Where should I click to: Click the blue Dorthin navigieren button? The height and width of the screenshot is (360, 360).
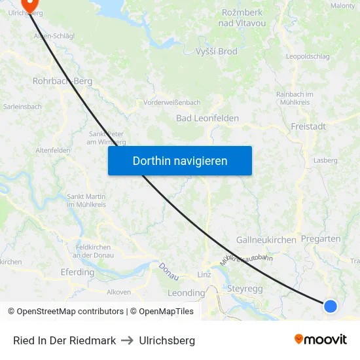click(x=180, y=160)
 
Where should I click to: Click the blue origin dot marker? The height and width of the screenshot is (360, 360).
click(x=331, y=306)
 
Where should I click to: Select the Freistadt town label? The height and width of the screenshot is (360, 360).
click(x=308, y=126)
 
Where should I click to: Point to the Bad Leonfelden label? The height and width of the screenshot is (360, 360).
click(x=207, y=118)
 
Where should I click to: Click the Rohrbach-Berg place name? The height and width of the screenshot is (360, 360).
click(x=62, y=82)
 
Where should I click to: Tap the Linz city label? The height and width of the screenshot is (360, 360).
click(x=204, y=274)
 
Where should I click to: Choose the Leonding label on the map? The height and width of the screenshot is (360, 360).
click(x=187, y=293)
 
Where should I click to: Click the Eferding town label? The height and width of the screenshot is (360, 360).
click(x=77, y=272)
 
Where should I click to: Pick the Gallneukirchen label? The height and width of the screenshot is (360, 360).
click(x=266, y=240)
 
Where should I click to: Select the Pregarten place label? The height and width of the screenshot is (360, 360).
click(x=321, y=239)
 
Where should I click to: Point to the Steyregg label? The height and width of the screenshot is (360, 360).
click(x=245, y=288)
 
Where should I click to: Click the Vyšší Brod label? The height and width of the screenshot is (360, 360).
click(x=217, y=52)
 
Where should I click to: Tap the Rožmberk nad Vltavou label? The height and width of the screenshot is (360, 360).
click(x=243, y=18)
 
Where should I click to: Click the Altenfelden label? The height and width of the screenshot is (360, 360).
click(x=53, y=151)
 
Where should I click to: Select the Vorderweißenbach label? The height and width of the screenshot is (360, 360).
click(x=171, y=103)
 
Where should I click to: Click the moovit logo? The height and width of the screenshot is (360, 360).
click(x=321, y=339)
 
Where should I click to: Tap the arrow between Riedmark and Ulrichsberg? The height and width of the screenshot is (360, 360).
click(x=128, y=340)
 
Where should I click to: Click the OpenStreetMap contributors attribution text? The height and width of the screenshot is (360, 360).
click(x=65, y=312)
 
